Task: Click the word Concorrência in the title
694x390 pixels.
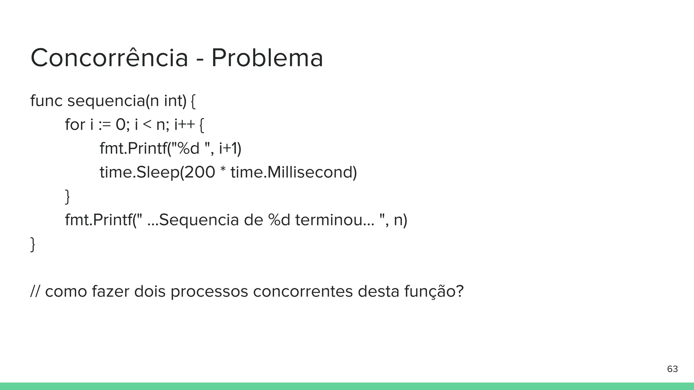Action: click(x=109, y=58)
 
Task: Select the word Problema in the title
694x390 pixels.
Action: click(x=267, y=58)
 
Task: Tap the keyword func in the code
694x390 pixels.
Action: click(x=46, y=101)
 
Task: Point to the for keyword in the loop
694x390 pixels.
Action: click(x=75, y=125)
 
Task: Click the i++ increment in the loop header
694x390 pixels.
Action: click(x=185, y=125)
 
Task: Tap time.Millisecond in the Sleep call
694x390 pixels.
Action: click(x=293, y=172)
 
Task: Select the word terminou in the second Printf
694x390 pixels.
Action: click(x=329, y=220)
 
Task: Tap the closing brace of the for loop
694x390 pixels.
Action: click(x=67, y=197)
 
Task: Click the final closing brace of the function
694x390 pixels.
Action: click(x=33, y=244)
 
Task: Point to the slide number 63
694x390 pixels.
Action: click(x=672, y=369)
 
